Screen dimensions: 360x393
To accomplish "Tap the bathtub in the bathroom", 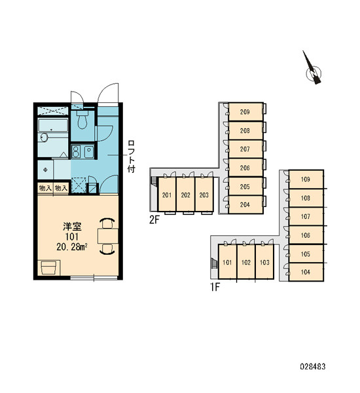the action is (x=53, y=125).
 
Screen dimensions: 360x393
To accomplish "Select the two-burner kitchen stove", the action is (x=76, y=152).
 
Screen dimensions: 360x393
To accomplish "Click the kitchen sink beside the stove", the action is (x=88, y=152).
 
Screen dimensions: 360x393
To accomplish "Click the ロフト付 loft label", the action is (x=132, y=157).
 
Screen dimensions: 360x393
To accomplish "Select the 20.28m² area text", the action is (x=72, y=247).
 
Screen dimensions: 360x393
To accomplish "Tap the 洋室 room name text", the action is (x=72, y=227).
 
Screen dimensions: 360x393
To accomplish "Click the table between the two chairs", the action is (x=108, y=236).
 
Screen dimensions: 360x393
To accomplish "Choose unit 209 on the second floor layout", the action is (x=245, y=112).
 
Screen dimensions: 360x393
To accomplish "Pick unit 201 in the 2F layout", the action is (x=167, y=195).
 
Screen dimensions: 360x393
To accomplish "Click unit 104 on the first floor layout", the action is (x=306, y=272).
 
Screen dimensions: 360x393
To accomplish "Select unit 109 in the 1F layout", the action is (x=306, y=179).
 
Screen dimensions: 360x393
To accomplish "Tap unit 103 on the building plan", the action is (x=264, y=262).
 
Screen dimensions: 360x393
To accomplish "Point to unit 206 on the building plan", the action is (x=245, y=168).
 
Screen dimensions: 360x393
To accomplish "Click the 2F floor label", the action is (x=154, y=220).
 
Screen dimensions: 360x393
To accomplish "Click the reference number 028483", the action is (x=313, y=367).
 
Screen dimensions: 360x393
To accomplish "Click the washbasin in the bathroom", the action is (x=44, y=138).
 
